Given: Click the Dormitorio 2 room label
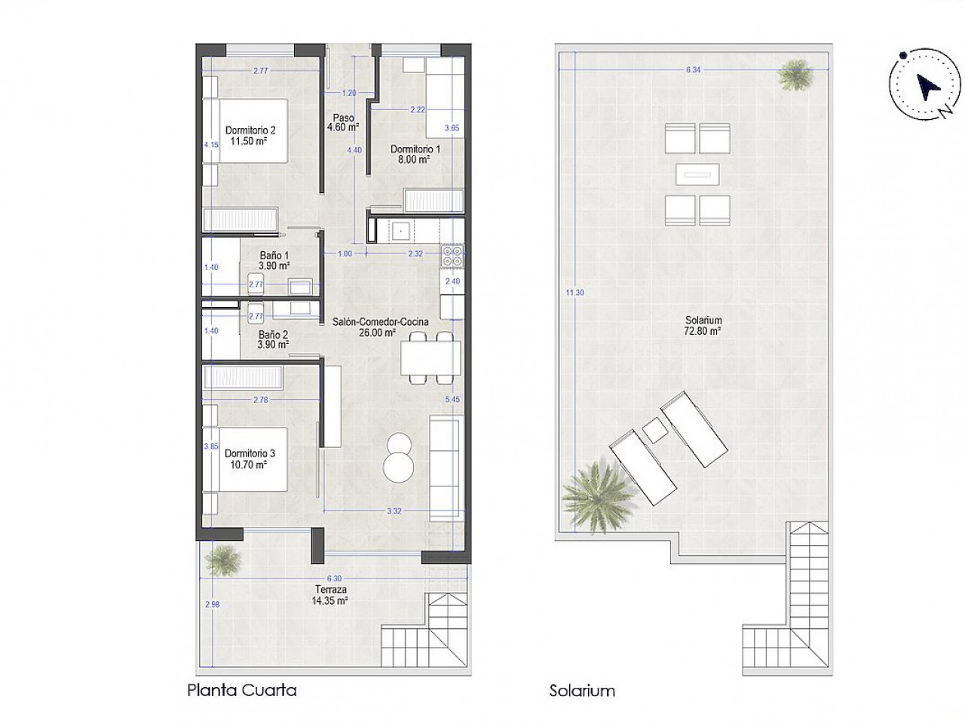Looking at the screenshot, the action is (x=250, y=136).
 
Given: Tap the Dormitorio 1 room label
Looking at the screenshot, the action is (x=415, y=155).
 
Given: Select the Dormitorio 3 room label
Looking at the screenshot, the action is (x=250, y=459).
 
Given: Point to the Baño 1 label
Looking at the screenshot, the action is (x=274, y=260).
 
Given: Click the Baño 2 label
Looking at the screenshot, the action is (x=273, y=339).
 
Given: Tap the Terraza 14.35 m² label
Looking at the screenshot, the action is (x=330, y=595).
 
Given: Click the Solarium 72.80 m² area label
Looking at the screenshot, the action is (x=703, y=326).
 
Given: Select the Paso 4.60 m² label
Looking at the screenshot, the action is (x=343, y=123).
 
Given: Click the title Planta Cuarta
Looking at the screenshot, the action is (x=242, y=690).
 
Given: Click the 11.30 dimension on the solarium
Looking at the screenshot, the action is (x=574, y=293).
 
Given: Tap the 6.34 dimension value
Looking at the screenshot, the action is (x=694, y=69).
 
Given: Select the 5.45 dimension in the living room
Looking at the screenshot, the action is (x=452, y=399).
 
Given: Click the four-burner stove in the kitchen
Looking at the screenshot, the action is (x=453, y=256).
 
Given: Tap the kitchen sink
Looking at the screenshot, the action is (x=400, y=230).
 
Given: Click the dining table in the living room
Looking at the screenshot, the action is (x=430, y=357).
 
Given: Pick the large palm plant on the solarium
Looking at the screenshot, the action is (x=599, y=496).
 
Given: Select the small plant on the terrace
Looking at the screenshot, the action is (x=223, y=560).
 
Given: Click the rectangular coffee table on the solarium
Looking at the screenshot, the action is (x=697, y=174).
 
